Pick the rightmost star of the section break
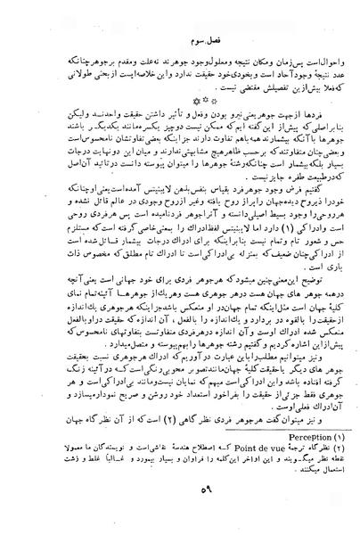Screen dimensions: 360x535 click(186, 101)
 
